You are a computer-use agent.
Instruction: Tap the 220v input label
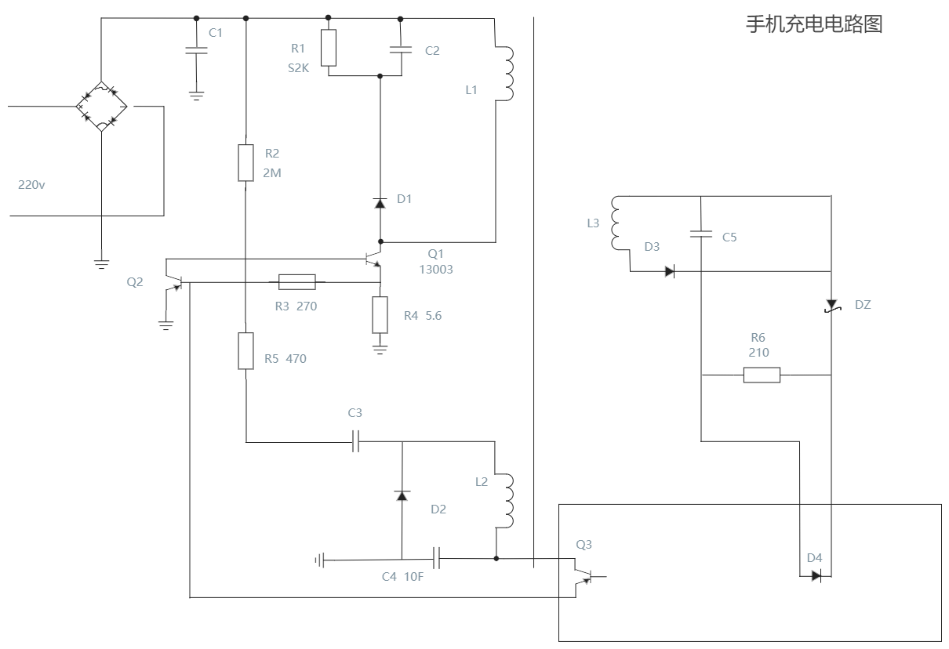(x=31, y=185)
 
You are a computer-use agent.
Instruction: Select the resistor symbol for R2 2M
(x=245, y=162)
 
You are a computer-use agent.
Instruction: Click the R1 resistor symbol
(x=329, y=48)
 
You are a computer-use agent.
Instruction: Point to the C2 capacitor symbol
(x=400, y=49)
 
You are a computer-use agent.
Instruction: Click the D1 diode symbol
(x=380, y=203)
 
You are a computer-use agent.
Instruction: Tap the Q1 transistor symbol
(x=375, y=261)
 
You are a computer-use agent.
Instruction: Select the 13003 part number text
(x=436, y=269)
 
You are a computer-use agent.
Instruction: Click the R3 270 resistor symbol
(x=297, y=282)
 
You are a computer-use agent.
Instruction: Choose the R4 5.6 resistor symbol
(x=380, y=315)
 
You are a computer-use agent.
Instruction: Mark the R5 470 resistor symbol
(x=245, y=350)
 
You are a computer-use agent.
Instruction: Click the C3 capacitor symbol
(x=355, y=441)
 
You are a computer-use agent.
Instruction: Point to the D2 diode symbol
(x=402, y=495)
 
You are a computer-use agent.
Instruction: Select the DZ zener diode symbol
(x=831, y=304)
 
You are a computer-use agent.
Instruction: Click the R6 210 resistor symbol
(x=762, y=375)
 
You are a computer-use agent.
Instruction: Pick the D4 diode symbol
(x=816, y=575)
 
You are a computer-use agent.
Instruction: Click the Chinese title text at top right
(x=813, y=24)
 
